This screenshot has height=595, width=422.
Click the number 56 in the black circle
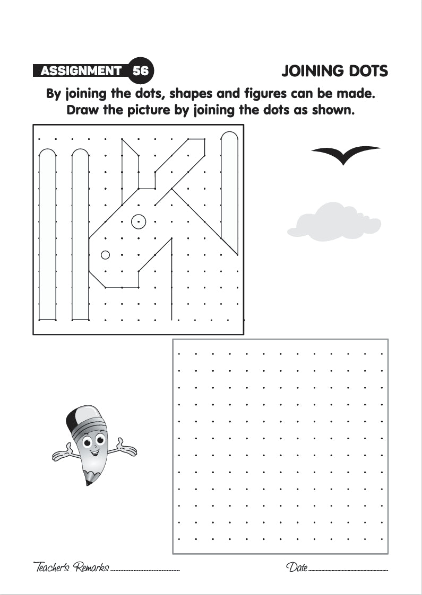tap(141, 70)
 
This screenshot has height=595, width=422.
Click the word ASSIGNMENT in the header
tap(81, 70)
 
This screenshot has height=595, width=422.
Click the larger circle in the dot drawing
tap(139, 221)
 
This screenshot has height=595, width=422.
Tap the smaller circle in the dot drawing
tap(105, 255)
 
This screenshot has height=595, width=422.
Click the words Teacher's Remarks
tap(71, 567)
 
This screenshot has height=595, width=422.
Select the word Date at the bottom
tap(297, 567)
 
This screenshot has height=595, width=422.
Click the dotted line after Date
tap(348, 570)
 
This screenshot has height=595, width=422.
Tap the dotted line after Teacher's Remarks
tap(145, 570)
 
